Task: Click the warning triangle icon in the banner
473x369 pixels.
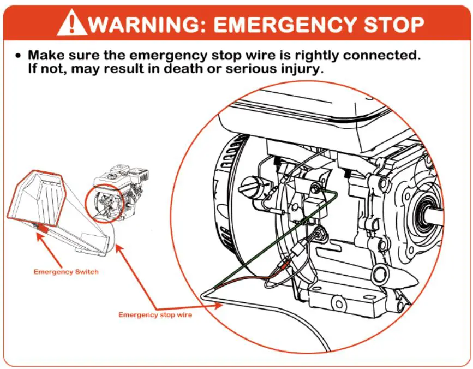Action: coord(71,22)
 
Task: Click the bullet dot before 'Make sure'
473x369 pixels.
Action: coord(19,56)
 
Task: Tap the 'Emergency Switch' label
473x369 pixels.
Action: coord(66,272)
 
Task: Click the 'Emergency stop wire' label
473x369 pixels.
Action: coord(155,315)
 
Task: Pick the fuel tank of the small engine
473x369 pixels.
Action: coord(122,174)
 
